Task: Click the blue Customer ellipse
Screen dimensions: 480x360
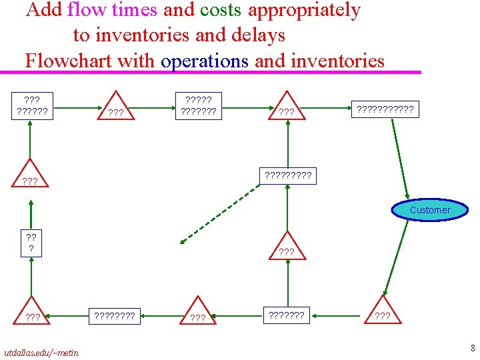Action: click(x=430, y=210)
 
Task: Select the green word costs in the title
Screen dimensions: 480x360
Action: click(x=221, y=11)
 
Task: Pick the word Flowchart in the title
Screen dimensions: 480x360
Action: click(x=69, y=61)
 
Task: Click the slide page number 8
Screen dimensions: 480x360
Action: click(x=472, y=347)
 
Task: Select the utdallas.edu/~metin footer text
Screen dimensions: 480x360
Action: click(x=41, y=352)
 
